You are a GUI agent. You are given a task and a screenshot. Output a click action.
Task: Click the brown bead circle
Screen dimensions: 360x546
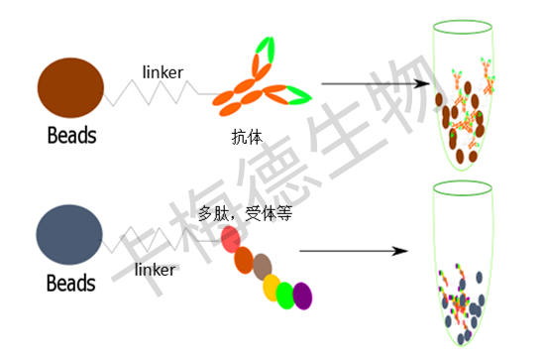click(x=69, y=86)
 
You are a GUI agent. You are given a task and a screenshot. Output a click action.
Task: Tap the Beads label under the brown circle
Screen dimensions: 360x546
click(x=72, y=135)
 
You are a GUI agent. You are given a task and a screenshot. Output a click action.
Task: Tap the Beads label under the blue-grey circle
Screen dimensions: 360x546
click(x=72, y=284)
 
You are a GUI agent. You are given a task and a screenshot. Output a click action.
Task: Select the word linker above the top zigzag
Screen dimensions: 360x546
click(x=163, y=70)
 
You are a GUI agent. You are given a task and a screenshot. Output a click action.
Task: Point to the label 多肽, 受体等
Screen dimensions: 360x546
click(x=244, y=212)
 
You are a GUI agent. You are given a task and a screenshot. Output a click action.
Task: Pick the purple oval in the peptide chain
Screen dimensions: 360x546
click(x=302, y=296)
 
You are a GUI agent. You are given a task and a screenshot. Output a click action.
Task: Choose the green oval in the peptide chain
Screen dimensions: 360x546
click(x=285, y=295)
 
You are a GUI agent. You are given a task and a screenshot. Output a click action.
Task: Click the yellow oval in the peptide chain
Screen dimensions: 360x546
click(x=272, y=288)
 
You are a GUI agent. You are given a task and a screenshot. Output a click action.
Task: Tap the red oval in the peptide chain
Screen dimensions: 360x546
click(x=231, y=239)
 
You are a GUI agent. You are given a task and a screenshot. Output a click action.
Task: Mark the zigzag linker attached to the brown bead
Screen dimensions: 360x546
click(x=158, y=90)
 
